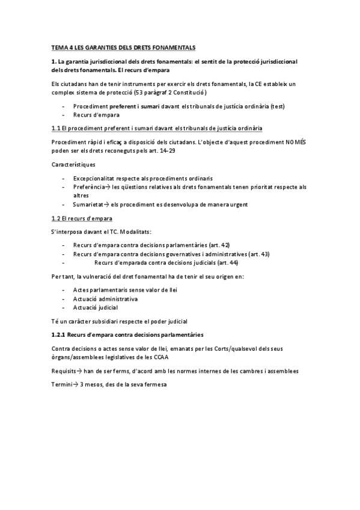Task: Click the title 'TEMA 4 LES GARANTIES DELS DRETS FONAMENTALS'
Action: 123,48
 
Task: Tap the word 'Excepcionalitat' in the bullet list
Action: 93,179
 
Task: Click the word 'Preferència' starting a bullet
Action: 88,187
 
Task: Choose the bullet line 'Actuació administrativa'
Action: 105,299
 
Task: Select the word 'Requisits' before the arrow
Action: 64,371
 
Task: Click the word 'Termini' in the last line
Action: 62,384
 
